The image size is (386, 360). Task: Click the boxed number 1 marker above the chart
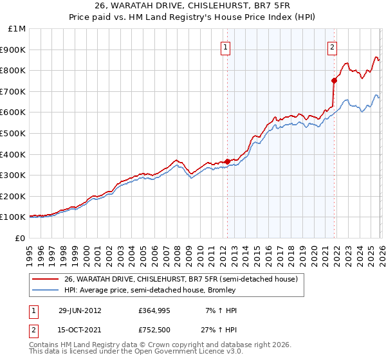[226, 46]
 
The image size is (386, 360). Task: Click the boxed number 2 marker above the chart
[333, 46]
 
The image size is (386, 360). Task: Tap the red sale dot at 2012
[227, 161]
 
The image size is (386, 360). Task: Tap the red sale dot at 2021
[334, 80]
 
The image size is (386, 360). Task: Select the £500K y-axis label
[14, 134]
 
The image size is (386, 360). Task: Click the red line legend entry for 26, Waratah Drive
[181, 280]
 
